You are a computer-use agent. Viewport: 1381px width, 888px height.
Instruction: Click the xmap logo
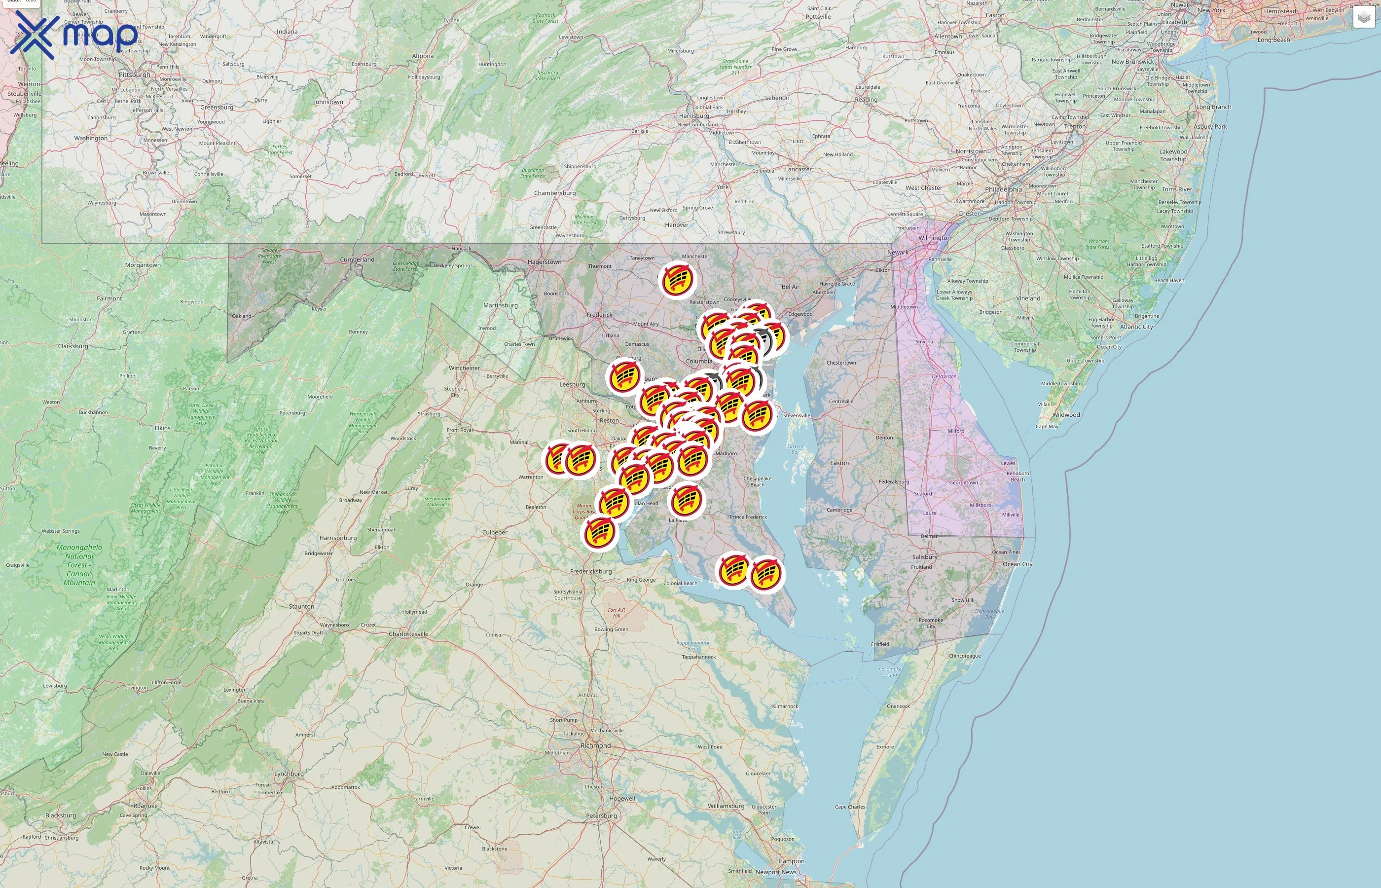point(74,35)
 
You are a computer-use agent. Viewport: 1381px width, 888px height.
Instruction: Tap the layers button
point(1363,18)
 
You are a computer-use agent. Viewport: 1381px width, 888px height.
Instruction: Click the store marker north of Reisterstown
point(677,281)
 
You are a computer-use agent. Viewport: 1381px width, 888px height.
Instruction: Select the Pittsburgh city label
point(134,75)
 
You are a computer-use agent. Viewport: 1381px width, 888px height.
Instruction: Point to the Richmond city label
point(595,745)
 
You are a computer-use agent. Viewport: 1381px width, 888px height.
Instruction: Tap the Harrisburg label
point(693,116)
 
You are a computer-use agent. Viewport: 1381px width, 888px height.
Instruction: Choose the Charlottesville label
point(409,634)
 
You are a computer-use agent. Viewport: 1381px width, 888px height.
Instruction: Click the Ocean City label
point(1018,564)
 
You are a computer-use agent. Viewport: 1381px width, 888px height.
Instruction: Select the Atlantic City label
point(1137,327)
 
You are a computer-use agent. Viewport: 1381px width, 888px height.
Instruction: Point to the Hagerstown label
point(544,262)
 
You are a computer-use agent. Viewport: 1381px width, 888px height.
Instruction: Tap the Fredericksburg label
point(591,571)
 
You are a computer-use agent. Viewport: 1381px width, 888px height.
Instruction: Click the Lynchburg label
point(289,774)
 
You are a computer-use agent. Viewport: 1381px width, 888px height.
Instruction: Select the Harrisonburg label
point(338,538)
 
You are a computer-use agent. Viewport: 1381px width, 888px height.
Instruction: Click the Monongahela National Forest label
point(79,565)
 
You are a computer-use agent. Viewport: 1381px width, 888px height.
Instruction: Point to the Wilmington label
point(934,238)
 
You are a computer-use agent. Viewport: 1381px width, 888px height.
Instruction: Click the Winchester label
point(464,368)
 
